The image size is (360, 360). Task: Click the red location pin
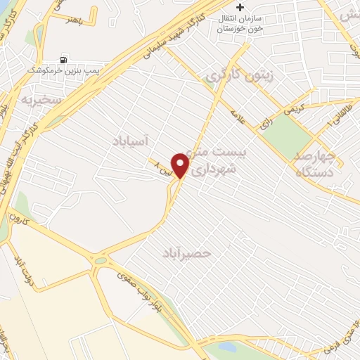click(x=181, y=165)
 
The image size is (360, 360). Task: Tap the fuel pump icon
click(x=65, y=59)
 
